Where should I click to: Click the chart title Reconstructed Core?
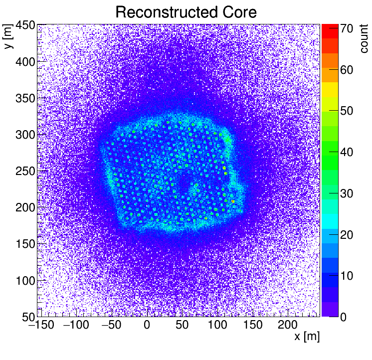tap(186, 12)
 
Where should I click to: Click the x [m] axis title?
tap(307, 337)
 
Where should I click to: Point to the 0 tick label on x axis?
tap(147, 326)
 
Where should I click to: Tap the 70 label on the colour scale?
tap(347, 29)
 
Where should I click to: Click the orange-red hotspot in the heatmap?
tap(233, 201)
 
